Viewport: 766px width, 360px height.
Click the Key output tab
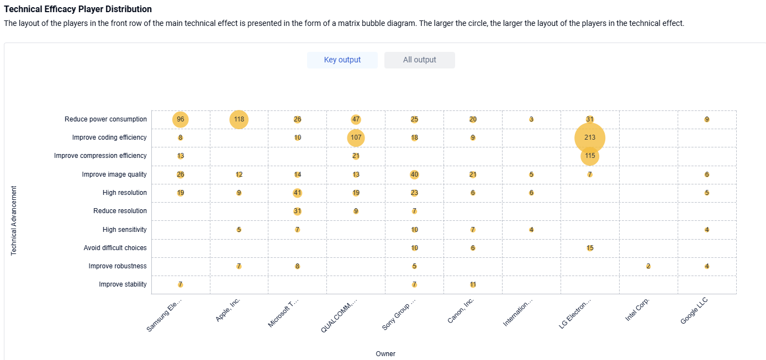pyautogui.click(x=342, y=60)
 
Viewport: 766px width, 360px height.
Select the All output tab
pyautogui.click(x=420, y=60)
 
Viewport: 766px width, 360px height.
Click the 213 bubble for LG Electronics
pyautogui.click(x=590, y=137)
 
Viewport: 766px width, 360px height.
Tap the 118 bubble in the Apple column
pyautogui.click(x=239, y=119)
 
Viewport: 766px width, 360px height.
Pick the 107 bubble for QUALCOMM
pyautogui.click(x=356, y=137)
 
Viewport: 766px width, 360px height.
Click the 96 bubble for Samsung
pyautogui.click(x=181, y=119)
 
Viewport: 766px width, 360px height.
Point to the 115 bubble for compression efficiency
pyautogui.click(x=590, y=156)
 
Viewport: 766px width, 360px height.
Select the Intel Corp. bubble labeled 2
pyautogui.click(x=648, y=266)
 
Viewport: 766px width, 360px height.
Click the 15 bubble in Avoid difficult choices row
pyautogui.click(x=590, y=248)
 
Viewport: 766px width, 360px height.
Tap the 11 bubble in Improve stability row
pyautogui.click(x=473, y=284)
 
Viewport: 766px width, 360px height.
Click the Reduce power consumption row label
pyautogui.click(x=106, y=119)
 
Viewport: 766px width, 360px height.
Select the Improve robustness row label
pyautogui.click(x=118, y=266)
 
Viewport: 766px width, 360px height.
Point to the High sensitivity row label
pyautogui.click(x=125, y=230)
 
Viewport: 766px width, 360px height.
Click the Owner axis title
pyautogui.click(x=385, y=354)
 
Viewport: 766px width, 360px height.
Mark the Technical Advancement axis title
pyautogui.click(x=14, y=221)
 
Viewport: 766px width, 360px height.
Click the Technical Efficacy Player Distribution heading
pyautogui.click(x=78, y=9)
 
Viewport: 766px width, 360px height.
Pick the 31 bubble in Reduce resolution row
pyautogui.click(x=298, y=211)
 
